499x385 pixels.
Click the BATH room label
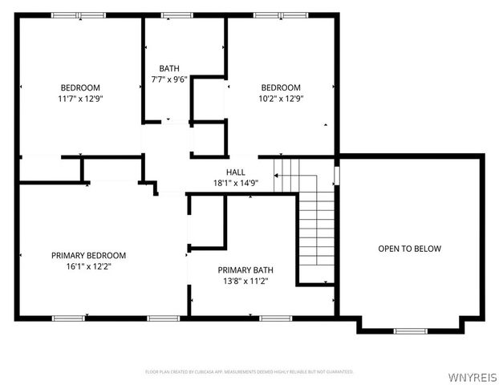point(168,68)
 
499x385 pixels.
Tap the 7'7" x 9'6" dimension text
point(168,79)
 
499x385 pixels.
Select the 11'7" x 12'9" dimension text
point(80,98)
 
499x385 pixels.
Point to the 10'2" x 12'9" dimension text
point(281,98)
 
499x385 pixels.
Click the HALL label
point(236,172)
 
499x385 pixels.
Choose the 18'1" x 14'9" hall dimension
point(236,183)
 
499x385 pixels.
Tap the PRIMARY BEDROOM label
point(88,255)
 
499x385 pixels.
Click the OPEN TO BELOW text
point(409,249)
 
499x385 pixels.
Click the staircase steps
point(316,233)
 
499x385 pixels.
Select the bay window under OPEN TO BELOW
point(409,330)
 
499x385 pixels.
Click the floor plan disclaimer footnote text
point(249,372)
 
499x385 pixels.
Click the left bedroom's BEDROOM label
point(80,87)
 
